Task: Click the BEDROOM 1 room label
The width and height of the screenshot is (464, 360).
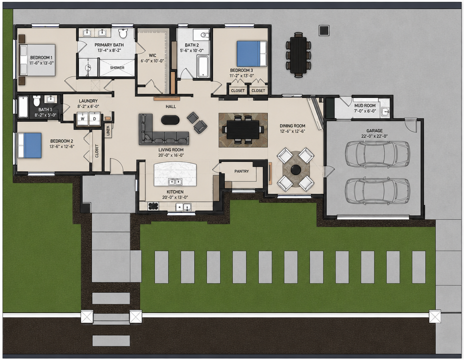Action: click(x=41, y=57)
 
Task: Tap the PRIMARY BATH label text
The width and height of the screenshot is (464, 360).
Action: click(x=109, y=45)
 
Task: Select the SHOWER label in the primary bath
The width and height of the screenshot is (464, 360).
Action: click(x=117, y=67)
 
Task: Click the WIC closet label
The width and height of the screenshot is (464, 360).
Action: click(x=152, y=55)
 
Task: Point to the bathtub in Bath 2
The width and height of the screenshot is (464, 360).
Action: click(x=203, y=66)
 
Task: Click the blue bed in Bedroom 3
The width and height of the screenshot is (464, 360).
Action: click(x=251, y=53)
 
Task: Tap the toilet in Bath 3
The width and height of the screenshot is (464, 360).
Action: click(x=36, y=100)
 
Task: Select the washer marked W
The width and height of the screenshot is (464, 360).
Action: click(x=83, y=119)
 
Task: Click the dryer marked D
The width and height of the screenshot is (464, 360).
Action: click(x=94, y=119)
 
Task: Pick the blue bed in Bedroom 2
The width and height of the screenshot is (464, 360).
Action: click(x=29, y=145)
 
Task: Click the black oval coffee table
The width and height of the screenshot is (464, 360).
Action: click(x=170, y=120)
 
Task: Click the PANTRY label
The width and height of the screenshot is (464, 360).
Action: click(x=241, y=171)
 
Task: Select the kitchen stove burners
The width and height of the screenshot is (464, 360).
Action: click(x=153, y=206)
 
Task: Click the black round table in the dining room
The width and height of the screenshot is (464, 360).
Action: click(x=295, y=169)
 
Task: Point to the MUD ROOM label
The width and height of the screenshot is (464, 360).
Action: click(x=365, y=105)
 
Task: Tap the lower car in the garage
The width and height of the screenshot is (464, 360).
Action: click(x=377, y=191)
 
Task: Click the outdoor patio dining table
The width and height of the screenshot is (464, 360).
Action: click(x=298, y=54)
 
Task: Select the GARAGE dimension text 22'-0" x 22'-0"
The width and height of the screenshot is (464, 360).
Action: click(x=374, y=136)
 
